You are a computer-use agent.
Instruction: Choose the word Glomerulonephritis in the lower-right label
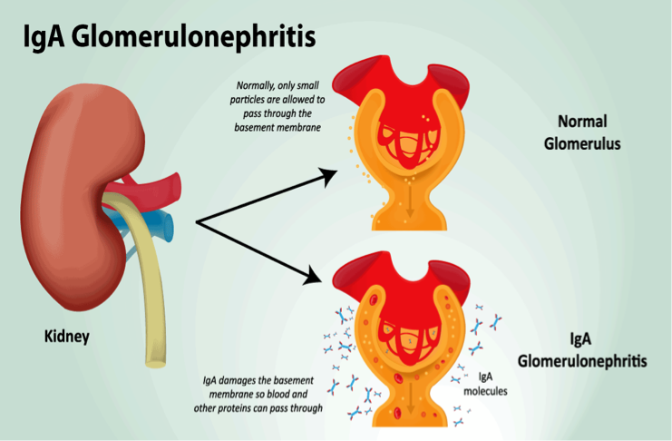tap(581, 360)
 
